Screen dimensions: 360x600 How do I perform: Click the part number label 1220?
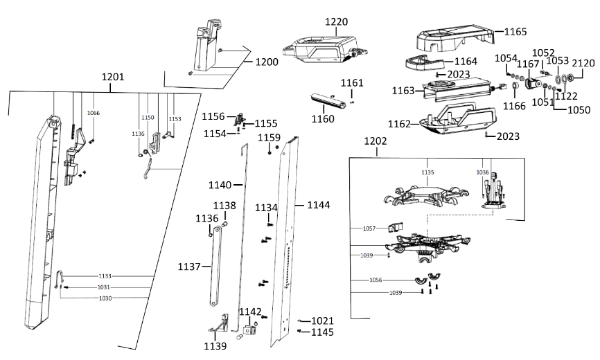pyautogui.click(x=337, y=22)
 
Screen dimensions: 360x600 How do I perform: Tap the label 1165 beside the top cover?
pyautogui.click(x=515, y=32)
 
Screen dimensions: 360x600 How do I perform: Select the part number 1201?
pyautogui.click(x=113, y=77)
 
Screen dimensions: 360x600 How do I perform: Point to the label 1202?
pyautogui.click(x=375, y=141)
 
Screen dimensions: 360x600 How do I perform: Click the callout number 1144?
pyautogui.click(x=319, y=206)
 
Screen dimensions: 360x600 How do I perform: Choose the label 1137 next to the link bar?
pyautogui.click(x=189, y=267)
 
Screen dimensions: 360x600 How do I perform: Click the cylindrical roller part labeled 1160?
pyautogui.click(x=328, y=102)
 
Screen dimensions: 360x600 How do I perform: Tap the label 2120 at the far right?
pyautogui.click(x=582, y=63)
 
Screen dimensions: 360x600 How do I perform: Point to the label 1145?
pyautogui.click(x=322, y=332)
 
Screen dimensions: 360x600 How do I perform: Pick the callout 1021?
pyautogui.click(x=322, y=321)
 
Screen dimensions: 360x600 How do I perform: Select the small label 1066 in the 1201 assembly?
pyautogui.click(x=93, y=113)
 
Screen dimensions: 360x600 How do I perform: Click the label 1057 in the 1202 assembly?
pyautogui.click(x=371, y=228)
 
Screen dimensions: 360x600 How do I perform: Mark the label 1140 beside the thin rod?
pyautogui.click(x=220, y=185)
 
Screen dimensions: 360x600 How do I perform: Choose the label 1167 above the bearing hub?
pyautogui.click(x=529, y=64)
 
